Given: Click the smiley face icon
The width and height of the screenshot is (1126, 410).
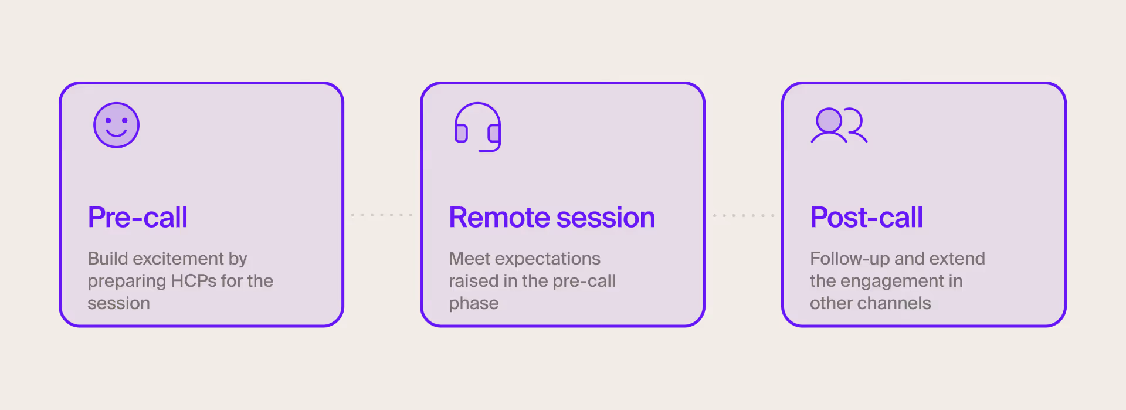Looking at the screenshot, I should point(116,125).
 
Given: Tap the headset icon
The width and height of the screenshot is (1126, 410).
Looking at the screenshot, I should point(477,127).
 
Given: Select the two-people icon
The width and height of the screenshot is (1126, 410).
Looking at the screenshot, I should point(839,125).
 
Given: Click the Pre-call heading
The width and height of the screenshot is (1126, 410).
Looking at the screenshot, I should point(137,218).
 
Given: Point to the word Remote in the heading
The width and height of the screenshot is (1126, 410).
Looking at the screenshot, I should point(499,218).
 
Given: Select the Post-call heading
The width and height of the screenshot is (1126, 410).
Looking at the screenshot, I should point(866,218).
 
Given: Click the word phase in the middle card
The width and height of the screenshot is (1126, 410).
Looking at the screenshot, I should point(473,304).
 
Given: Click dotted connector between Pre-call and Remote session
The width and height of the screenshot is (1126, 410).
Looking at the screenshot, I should point(382,215).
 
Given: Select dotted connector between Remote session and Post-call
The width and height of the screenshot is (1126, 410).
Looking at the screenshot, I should point(743,215).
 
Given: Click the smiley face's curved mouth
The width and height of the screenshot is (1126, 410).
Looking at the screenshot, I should point(116,133).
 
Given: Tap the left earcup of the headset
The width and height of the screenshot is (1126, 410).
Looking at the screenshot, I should point(461,134).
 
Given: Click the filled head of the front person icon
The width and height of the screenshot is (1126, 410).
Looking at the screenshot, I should point(829,120).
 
